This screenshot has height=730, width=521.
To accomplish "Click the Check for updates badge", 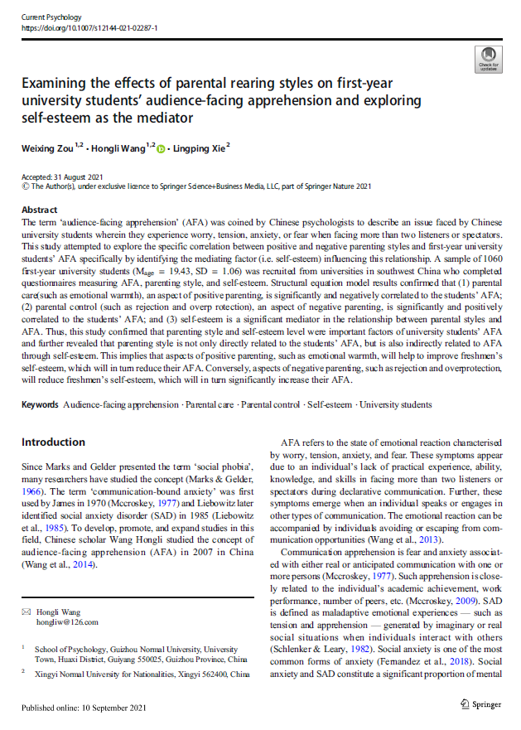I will coord(489,58).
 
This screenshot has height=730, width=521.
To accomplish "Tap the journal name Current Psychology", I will coord(51,17).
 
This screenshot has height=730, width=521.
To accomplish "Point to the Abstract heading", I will coord(39,210).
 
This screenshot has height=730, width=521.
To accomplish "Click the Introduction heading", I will coord(53,442).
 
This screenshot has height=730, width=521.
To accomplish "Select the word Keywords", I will coord(40,404).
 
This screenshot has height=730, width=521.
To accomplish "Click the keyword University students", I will coord(396,404).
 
